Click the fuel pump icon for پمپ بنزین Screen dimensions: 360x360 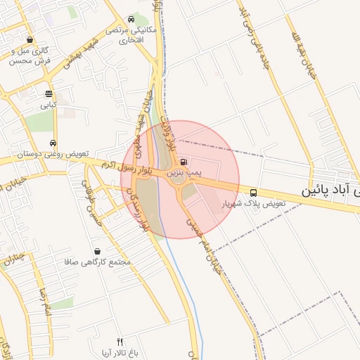[x=184, y=161]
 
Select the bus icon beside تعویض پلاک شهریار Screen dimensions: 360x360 [x=253, y=193]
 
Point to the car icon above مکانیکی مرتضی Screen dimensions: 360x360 [x=131, y=20]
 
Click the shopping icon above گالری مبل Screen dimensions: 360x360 [x=30, y=40]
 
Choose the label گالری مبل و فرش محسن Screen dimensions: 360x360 [x=30, y=56]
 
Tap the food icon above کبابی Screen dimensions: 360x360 [x=49, y=94]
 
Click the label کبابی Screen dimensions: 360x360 [x=48, y=105]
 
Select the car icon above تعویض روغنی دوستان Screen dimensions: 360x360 [x=53, y=143]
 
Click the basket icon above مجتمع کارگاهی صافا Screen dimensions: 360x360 [x=97, y=251]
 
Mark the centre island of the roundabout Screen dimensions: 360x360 [x=179, y=179]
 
